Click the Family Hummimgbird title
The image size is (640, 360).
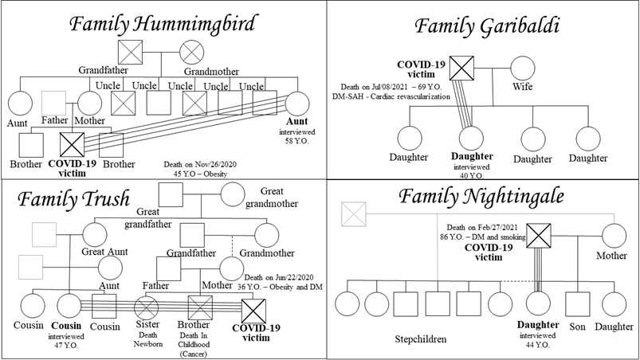point(162,25)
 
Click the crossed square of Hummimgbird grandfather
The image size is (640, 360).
point(130,53)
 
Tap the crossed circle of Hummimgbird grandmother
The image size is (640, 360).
point(191,53)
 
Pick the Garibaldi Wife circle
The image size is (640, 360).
point(522,68)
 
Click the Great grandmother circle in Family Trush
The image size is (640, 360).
point(233,194)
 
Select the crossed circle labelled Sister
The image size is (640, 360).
point(148,307)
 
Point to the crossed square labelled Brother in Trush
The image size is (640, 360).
point(198,307)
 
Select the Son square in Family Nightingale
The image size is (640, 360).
point(576,303)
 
